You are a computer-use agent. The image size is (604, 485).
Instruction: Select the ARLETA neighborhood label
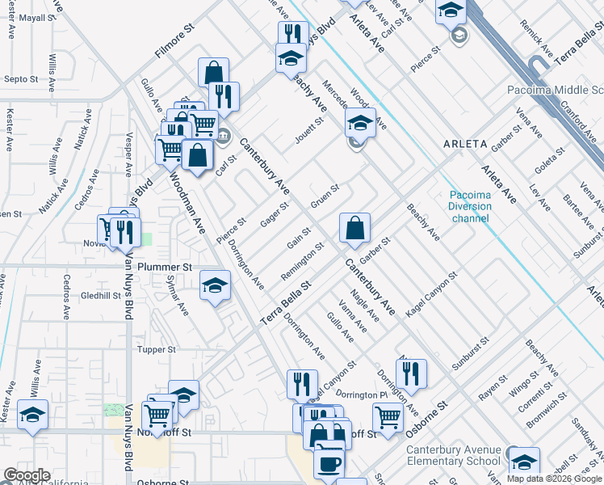(x=465, y=144)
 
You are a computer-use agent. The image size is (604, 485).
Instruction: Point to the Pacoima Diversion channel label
(x=470, y=207)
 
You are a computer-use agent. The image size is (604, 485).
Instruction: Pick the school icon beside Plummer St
(x=215, y=286)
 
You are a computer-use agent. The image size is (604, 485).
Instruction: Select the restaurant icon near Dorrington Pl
(x=412, y=373)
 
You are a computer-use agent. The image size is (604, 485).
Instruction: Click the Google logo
(x=27, y=475)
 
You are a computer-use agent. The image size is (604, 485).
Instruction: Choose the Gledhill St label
(x=100, y=296)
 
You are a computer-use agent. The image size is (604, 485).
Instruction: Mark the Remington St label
(x=302, y=261)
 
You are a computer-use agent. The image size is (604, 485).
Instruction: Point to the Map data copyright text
(x=554, y=479)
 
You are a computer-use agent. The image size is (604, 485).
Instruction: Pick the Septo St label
(x=22, y=79)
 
